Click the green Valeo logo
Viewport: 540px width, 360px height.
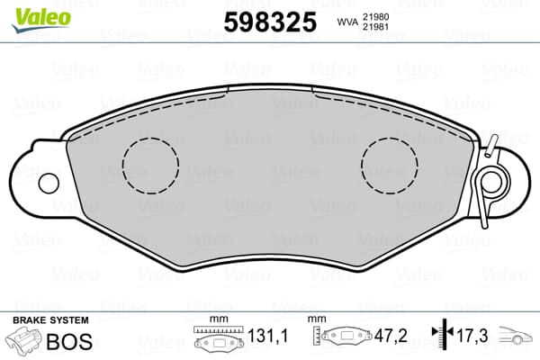(41, 19)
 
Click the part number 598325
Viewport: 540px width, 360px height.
(270, 22)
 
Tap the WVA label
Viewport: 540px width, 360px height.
(347, 22)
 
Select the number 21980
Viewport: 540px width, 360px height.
(375, 17)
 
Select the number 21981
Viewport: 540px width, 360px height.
(375, 27)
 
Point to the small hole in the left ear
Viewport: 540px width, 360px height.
(49, 184)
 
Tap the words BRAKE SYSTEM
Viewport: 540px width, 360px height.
(50, 320)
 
